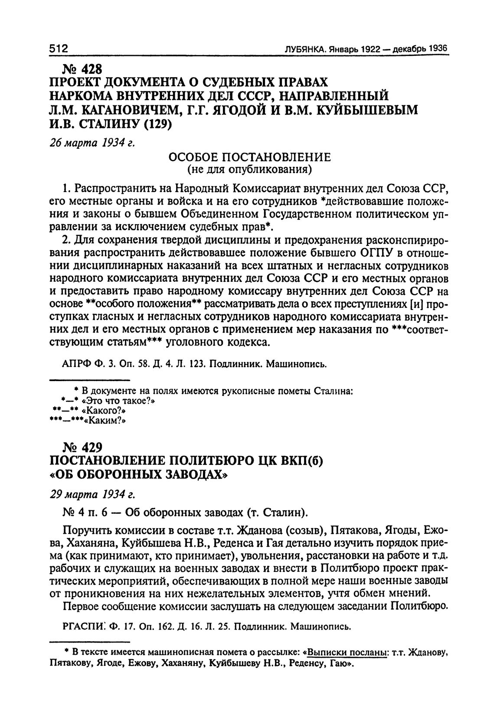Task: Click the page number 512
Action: [x=59, y=49]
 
